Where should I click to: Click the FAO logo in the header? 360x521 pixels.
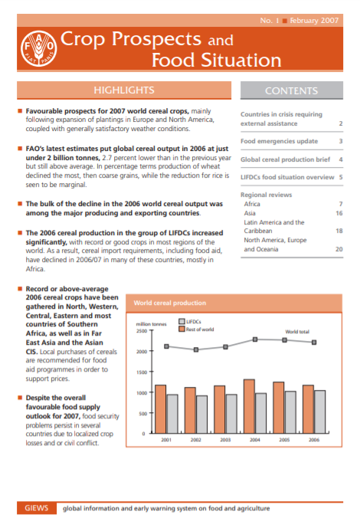pos(36,47)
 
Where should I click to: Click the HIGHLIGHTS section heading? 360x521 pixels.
pos(123,90)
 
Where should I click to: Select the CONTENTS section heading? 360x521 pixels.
pos(291,90)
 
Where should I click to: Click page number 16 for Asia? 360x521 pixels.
pos(339,214)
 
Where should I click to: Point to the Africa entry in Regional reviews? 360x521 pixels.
pos(251,205)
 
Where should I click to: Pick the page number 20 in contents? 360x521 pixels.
pos(339,249)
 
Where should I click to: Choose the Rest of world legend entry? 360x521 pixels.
pos(197,329)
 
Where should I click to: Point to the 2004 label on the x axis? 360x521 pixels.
pos(254,440)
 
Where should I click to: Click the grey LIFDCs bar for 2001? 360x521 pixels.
pos(172,414)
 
